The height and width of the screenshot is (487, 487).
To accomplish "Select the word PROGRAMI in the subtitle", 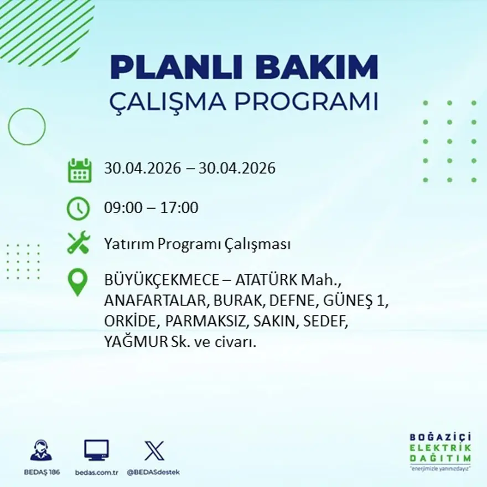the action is pos(307,102).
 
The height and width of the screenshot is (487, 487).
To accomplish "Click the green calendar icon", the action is pos(80,170).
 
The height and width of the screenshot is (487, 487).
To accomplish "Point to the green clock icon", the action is pos(78,209).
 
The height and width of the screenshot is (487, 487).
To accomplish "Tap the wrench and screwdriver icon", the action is pos(79,242).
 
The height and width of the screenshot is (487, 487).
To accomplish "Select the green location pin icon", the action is pos(77,282).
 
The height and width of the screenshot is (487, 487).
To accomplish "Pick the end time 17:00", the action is pos(179,208).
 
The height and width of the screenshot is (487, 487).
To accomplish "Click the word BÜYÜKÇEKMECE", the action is pos(162,280).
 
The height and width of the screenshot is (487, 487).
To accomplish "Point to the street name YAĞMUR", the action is pos(136,341).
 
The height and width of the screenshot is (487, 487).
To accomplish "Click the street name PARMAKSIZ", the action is pos(205,321).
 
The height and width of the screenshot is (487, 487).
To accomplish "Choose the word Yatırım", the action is pos(129,244).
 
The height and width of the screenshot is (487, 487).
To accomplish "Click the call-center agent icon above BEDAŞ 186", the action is pos(42,450).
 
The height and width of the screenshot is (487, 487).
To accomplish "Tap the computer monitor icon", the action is pos(97,450).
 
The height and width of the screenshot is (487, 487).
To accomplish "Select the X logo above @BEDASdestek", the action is pos(154,450).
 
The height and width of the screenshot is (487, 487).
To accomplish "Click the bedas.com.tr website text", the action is pos(97,473).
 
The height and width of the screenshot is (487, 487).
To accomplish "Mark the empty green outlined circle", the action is pos(9,127).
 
